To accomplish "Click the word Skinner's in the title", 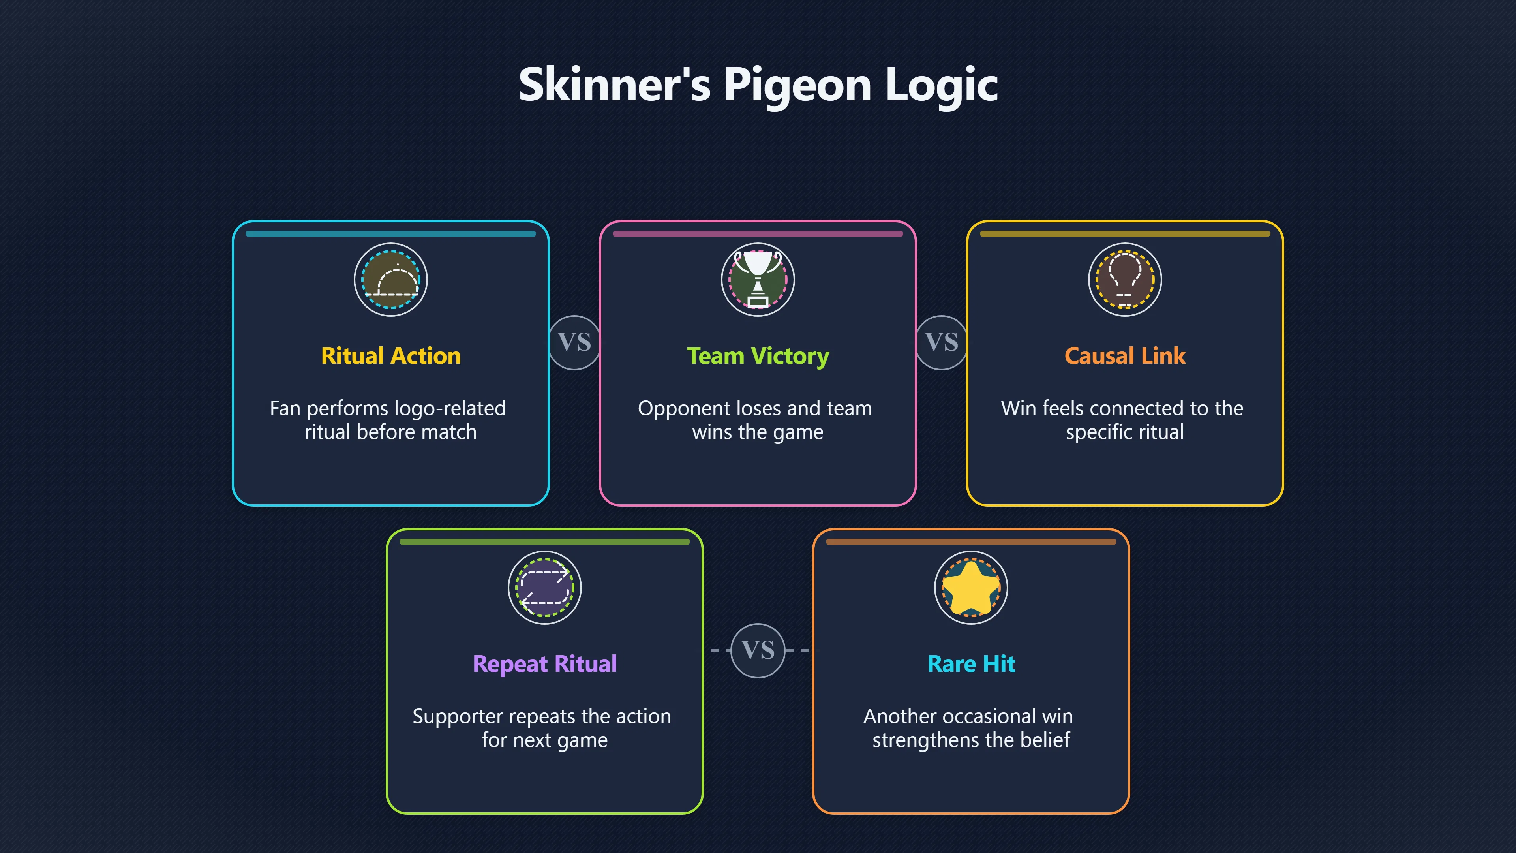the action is click(x=614, y=84).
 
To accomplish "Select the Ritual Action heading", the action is click(x=391, y=355).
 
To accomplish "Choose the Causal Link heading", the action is click(x=1125, y=355).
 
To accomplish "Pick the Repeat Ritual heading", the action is click(x=545, y=664).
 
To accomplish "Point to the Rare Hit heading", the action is click(x=971, y=663).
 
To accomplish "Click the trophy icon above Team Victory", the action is click(x=758, y=280).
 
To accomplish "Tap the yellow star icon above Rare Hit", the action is click(x=971, y=588).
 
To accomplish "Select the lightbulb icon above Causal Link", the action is click(x=1125, y=280).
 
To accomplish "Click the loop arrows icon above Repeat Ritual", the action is click(x=545, y=588).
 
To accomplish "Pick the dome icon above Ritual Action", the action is click(x=391, y=280).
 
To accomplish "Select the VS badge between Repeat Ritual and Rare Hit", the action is click(x=758, y=650).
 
